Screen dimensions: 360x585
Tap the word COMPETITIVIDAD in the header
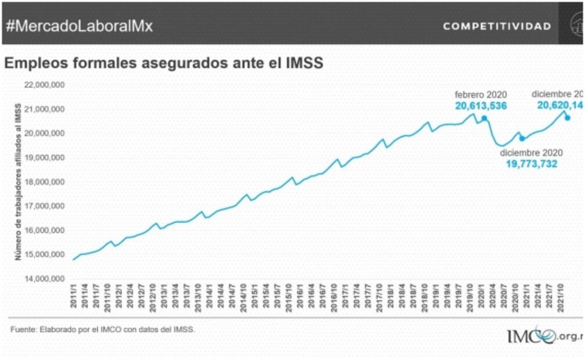[497, 27]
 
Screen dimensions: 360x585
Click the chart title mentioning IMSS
[163, 63]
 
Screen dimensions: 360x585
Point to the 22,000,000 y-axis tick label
[44, 85]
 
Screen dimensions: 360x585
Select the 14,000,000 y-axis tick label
[44, 279]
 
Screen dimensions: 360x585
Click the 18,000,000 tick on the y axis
[44, 182]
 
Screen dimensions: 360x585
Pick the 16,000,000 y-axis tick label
[44, 231]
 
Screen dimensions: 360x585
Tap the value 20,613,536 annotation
[481, 106]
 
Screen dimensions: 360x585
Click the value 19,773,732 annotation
[531, 164]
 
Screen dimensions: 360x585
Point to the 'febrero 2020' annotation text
[481, 95]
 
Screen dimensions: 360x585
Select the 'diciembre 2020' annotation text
[532, 152]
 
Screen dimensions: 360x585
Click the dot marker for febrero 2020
[484, 119]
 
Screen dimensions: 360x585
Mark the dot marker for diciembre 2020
[522, 138]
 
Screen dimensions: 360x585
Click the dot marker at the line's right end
[568, 118]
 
